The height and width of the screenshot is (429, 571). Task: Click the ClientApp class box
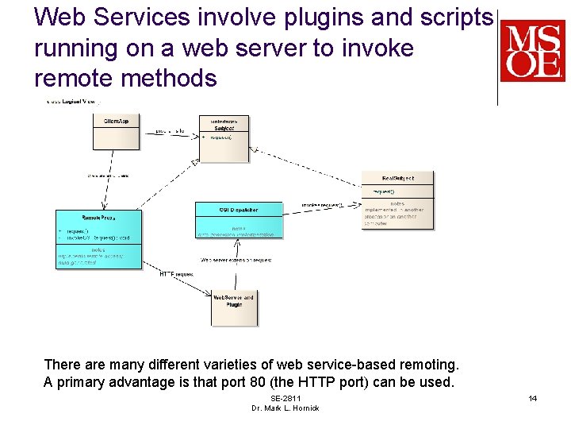[116, 131]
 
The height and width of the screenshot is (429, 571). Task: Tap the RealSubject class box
[397, 200]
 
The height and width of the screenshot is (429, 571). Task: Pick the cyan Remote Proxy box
[99, 238]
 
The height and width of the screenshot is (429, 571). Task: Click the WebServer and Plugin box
[234, 308]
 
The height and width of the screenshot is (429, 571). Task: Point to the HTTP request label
[176, 275]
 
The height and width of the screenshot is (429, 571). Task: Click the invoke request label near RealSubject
[322, 206]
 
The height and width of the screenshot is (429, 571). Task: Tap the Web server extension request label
[236, 260]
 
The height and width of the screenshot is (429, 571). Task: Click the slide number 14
[532, 398]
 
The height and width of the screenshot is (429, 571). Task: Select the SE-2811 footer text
[285, 398]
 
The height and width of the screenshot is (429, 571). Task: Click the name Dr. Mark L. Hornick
[285, 408]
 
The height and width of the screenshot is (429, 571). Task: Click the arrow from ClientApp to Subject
[168, 132]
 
